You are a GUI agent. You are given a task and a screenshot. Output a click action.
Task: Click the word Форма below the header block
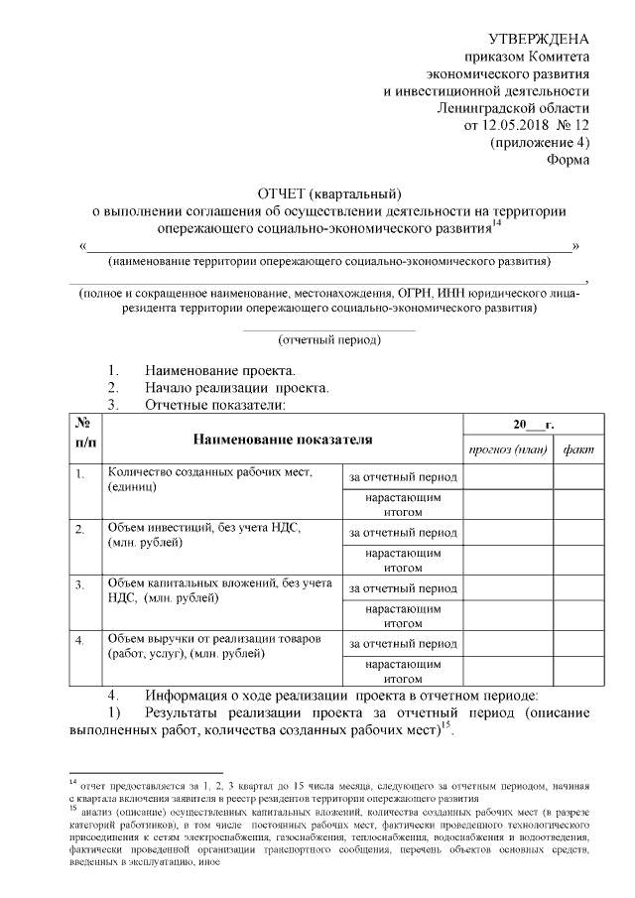(569, 161)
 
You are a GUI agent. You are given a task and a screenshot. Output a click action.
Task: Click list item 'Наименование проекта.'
(205, 369)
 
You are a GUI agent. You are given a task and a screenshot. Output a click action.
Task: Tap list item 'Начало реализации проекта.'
(236, 387)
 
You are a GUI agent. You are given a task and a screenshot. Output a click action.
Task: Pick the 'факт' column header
(577, 449)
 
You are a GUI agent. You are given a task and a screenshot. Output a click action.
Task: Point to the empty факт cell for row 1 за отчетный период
(578, 477)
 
